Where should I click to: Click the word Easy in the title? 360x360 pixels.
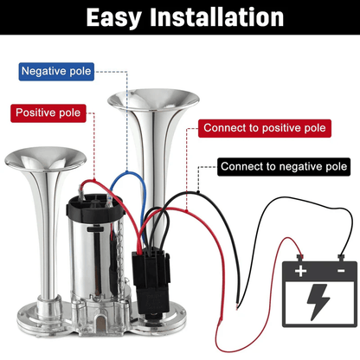[108, 16]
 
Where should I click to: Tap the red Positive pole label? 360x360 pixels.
[48, 113]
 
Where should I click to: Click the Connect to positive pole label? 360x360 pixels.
[264, 128]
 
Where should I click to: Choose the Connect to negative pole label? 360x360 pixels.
[283, 166]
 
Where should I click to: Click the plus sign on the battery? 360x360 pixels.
[300, 270]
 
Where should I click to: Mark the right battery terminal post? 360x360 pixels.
[340, 257]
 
